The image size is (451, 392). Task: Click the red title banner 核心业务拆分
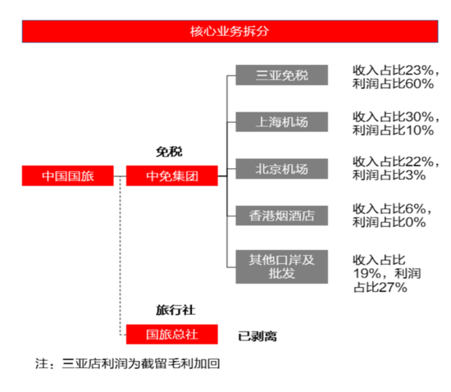230,31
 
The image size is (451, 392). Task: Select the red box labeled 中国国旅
68,175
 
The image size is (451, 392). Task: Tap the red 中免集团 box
172,175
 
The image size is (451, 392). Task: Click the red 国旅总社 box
172,335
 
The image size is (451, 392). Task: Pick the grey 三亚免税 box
282,75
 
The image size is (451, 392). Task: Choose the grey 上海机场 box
282,122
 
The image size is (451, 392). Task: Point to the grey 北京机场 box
282,169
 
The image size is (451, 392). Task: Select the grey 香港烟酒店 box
282,216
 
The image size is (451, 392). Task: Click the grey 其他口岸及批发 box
282,267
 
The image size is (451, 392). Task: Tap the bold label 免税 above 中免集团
169,152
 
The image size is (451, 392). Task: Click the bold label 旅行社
175,310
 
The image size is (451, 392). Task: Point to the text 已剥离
257,336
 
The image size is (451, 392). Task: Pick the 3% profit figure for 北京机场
416,175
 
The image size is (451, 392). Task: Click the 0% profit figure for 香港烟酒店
416,222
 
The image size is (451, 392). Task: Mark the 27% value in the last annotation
394,287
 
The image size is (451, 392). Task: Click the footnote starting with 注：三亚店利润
127,363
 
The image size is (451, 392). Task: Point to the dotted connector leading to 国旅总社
121,255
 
